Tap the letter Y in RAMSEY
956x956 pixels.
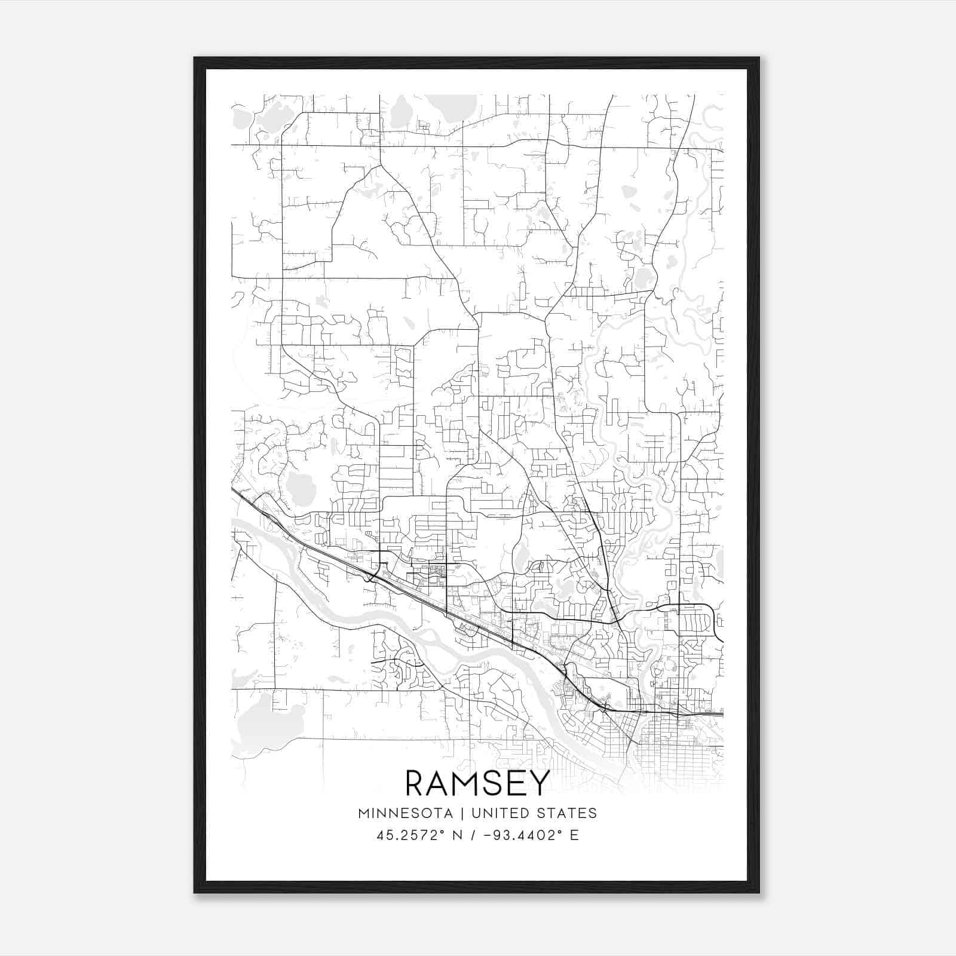tap(538, 783)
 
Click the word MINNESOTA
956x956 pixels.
tap(405, 813)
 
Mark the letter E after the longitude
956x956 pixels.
tap(574, 835)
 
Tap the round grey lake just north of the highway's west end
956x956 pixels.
tap(295, 487)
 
